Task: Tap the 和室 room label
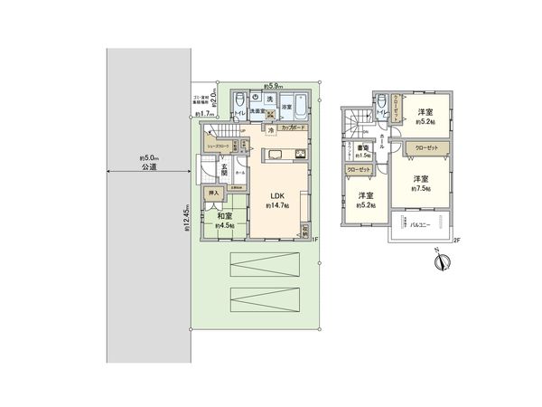pos(224,216)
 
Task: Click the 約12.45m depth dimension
pos(186,217)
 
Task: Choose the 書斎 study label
pos(360,147)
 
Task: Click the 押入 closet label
pos(213,194)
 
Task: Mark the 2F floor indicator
pos(456,241)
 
